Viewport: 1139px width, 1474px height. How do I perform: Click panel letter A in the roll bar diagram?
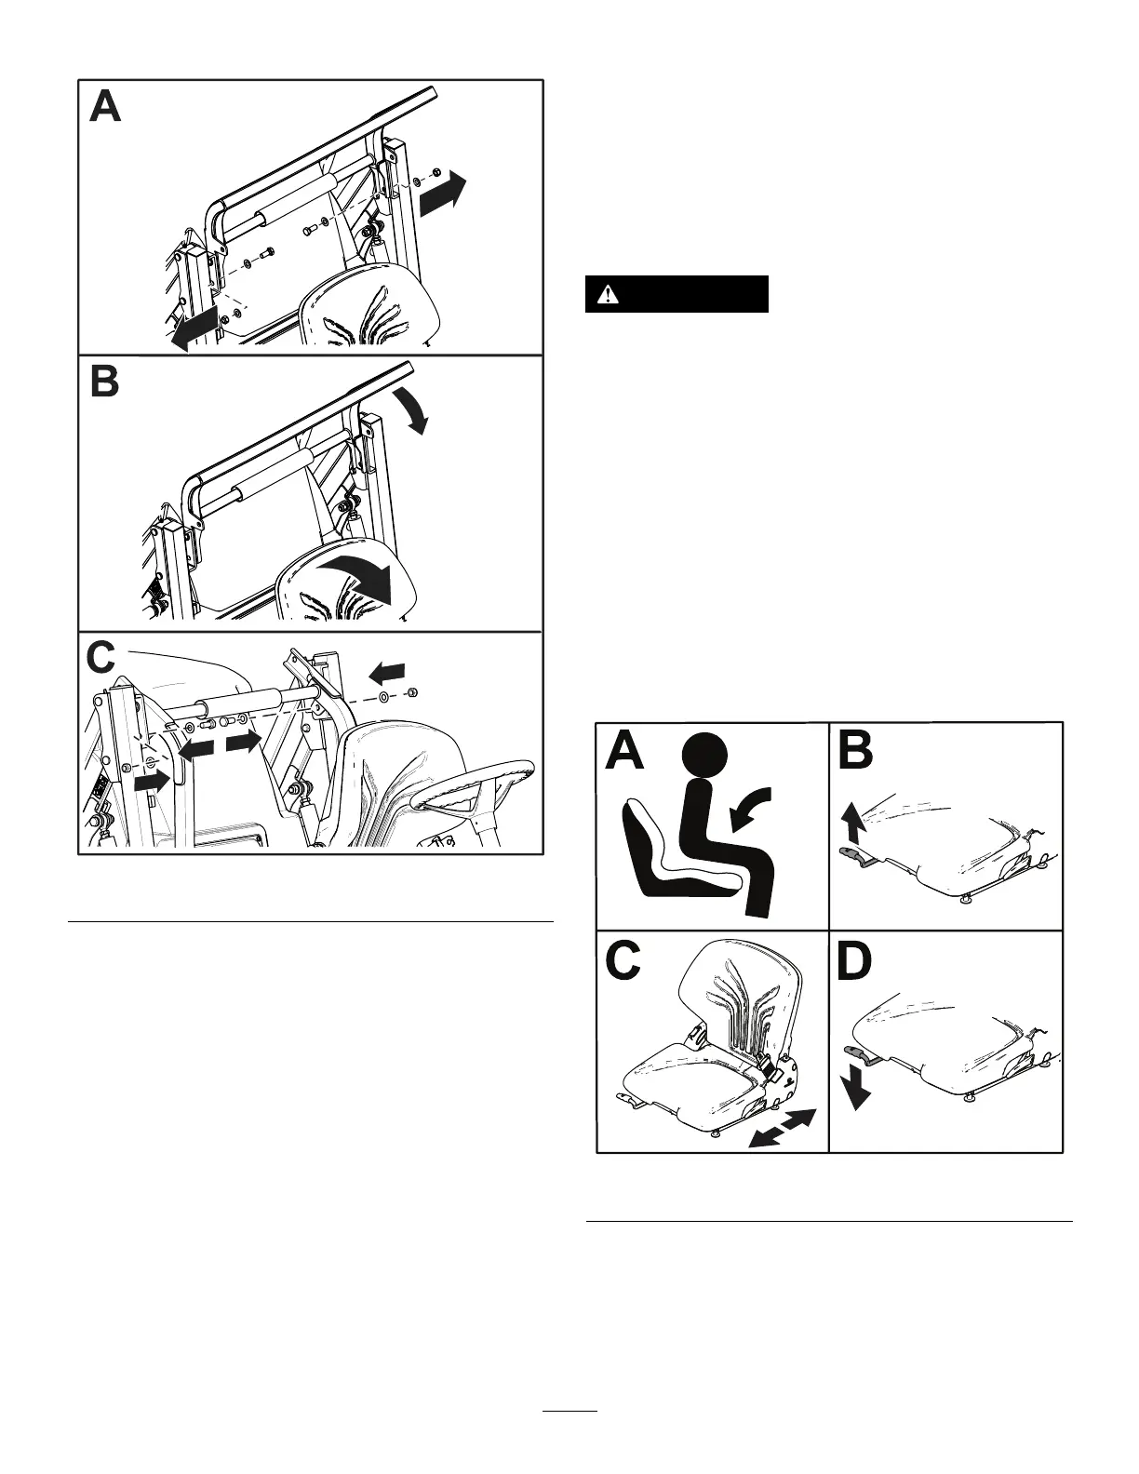105,105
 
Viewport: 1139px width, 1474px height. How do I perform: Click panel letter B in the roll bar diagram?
104,381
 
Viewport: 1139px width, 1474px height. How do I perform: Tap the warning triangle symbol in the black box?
608,294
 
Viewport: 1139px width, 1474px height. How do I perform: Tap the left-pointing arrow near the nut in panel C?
387,670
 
